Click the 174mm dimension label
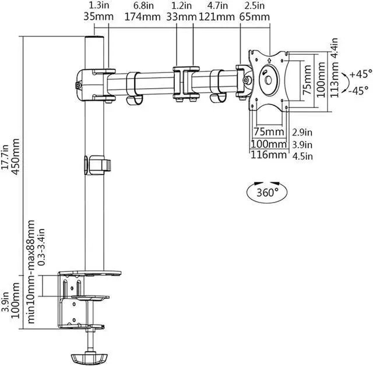[142, 17]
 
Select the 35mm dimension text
[98, 17]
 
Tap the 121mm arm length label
[217, 17]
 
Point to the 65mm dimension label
[255, 17]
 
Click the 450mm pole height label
[15, 156]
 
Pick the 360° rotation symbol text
[267, 192]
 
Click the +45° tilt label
[361, 74]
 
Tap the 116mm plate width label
[269, 155]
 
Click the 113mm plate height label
[335, 79]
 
